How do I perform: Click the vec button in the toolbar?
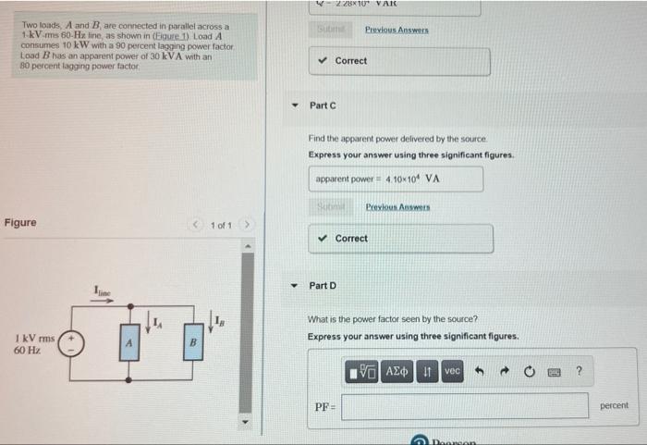point(452,371)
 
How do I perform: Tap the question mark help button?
point(579,371)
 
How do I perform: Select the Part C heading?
point(323,105)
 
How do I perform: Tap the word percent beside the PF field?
point(614,405)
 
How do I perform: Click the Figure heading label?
point(20,223)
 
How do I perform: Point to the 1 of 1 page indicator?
point(221,226)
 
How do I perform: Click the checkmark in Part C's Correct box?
point(322,239)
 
